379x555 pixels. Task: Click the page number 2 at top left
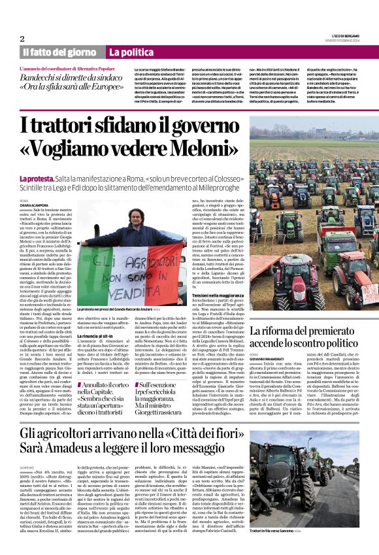[22, 39]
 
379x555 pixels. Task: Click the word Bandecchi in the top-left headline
[48, 78]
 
